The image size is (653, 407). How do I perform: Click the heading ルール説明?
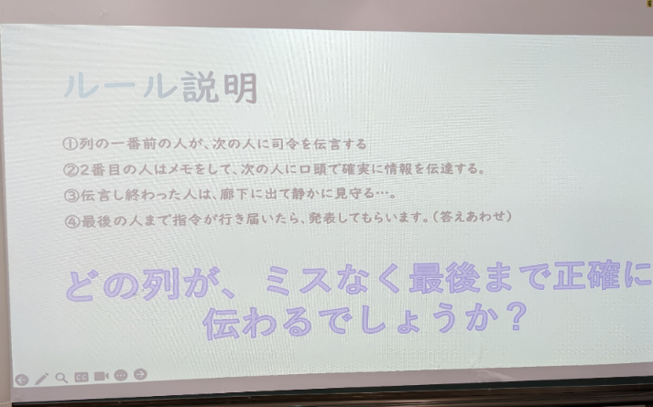click(x=161, y=87)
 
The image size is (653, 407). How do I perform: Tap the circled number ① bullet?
click(x=70, y=144)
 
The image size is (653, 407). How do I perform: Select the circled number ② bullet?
click(x=71, y=169)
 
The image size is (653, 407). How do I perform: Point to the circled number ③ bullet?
click(x=71, y=196)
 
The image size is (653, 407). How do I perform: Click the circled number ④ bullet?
click(x=72, y=221)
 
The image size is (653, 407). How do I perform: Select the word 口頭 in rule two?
click(x=313, y=169)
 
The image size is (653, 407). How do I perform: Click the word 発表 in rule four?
click(x=321, y=218)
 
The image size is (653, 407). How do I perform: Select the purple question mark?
click(x=517, y=316)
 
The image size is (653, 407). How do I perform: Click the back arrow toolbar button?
click(x=22, y=380)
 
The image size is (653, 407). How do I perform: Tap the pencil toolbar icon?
click(x=41, y=379)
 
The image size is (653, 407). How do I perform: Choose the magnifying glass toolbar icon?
click(x=61, y=378)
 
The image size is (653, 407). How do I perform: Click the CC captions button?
click(x=82, y=377)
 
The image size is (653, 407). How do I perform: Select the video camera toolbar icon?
click(x=101, y=376)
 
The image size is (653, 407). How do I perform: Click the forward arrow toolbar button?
click(x=140, y=374)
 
